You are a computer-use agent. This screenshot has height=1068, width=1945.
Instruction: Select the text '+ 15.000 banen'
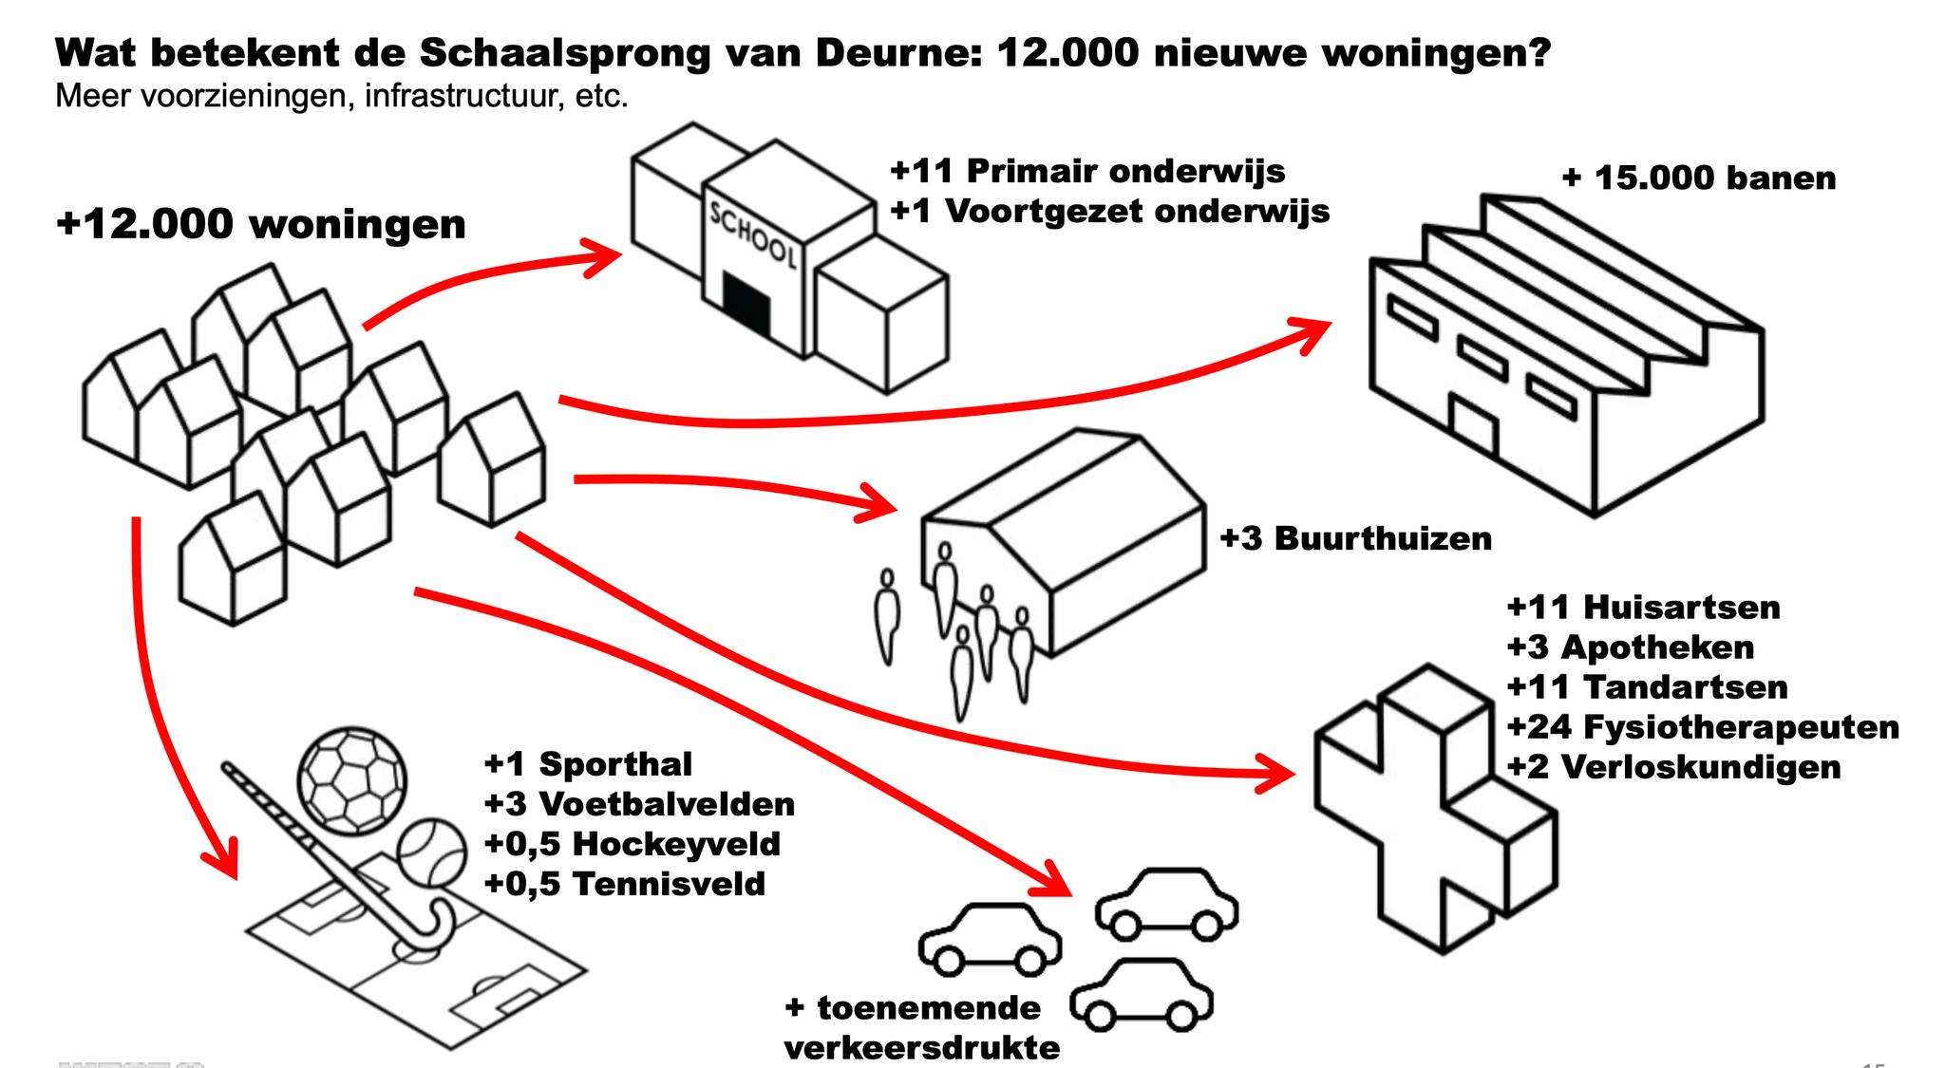(1698, 178)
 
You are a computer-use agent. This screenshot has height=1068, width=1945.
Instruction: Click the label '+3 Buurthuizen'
(1355, 538)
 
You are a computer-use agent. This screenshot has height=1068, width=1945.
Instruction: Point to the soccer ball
(352, 777)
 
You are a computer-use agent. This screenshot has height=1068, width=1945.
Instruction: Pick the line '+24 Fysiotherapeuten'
(1703, 726)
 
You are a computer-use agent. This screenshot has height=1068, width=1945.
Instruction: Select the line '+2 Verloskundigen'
(1673, 766)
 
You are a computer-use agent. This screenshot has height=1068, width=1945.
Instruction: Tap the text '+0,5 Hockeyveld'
(633, 843)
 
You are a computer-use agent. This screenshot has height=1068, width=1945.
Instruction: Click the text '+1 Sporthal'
(589, 763)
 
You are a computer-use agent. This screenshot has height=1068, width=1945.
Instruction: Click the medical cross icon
(1434, 807)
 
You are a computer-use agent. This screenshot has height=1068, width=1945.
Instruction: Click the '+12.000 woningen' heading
(261, 224)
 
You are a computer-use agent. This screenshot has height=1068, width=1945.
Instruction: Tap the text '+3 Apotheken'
(1630, 646)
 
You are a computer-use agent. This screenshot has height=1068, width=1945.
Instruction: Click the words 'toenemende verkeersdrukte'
(921, 1027)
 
